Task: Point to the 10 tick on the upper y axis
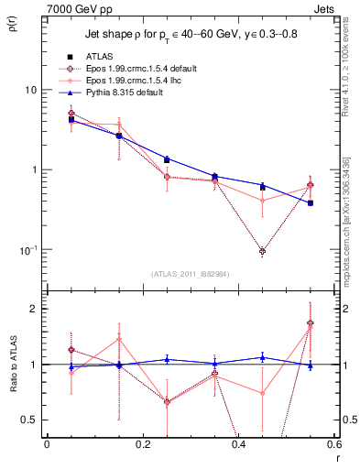tap(30, 90)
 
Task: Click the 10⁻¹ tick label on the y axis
tap(27, 249)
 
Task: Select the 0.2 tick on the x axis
tap(142, 443)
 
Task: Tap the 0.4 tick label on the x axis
tap(238, 443)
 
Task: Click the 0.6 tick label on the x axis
tap(334, 443)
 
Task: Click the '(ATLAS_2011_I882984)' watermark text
tap(190, 274)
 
